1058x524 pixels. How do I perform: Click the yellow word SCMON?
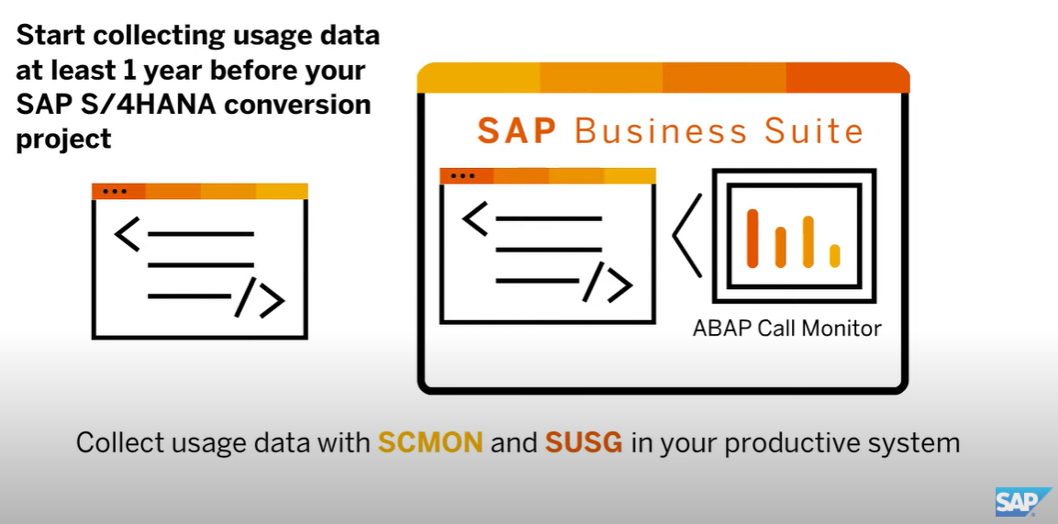[x=430, y=442]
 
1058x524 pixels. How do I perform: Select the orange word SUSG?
[x=585, y=442]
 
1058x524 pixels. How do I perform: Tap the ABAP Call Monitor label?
[x=786, y=328]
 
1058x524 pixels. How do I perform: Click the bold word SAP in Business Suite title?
[x=517, y=130]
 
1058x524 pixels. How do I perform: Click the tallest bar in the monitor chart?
[x=752, y=238]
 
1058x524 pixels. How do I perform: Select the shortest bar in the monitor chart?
[x=834, y=255]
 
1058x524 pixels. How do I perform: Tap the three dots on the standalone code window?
[x=115, y=191]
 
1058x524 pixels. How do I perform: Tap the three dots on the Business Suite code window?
[x=463, y=175]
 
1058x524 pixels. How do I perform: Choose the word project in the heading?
[x=63, y=139]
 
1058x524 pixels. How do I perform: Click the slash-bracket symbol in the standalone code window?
[x=260, y=297]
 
